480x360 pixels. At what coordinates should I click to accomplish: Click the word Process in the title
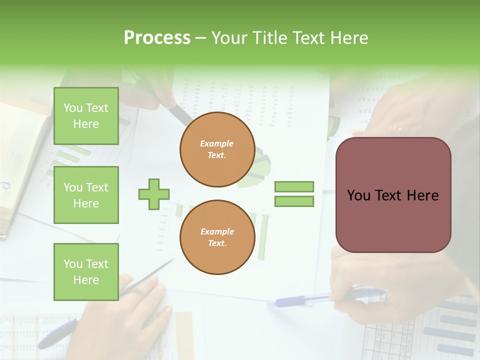click(x=157, y=38)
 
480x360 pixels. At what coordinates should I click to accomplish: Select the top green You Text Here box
click(x=86, y=116)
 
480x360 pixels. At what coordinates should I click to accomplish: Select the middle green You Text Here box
click(x=86, y=195)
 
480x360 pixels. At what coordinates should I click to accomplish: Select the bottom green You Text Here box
click(x=86, y=272)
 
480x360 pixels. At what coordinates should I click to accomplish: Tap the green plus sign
click(x=154, y=193)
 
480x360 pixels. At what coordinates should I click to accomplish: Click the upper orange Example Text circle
click(x=217, y=149)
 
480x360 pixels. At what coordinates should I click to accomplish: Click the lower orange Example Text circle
click(x=217, y=237)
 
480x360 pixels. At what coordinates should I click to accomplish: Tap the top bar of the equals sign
click(x=294, y=186)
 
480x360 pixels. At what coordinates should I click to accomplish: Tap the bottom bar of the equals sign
click(x=294, y=201)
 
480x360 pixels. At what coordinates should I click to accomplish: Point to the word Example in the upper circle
click(x=217, y=144)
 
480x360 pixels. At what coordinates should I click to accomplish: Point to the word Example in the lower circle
click(x=217, y=232)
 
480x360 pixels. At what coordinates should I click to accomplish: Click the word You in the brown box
click(x=359, y=195)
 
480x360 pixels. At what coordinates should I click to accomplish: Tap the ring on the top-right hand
click(x=397, y=128)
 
